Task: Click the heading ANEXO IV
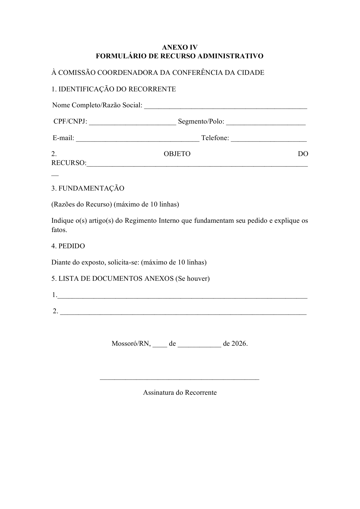pos(180,47)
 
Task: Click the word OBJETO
pos(177,154)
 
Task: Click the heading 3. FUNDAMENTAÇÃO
pos(88,189)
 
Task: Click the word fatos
pos(59,230)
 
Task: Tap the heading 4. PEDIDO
pos(68,246)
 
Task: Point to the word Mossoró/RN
pos(131,344)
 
